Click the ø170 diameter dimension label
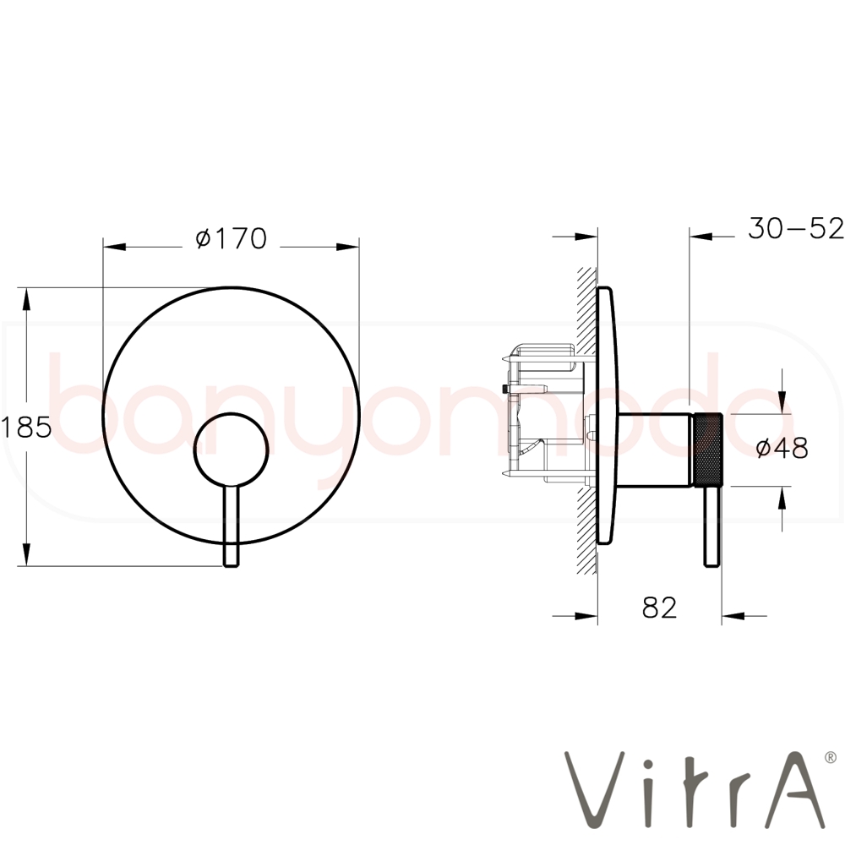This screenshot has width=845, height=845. tap(232, 239)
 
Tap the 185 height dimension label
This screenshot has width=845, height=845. tap(26, 428)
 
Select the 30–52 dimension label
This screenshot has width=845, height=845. tap(795, 228)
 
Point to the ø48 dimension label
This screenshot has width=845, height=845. tap(782, 448)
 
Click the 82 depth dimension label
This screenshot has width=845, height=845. tap(659, 608)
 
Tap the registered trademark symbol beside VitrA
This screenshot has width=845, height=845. tap(831, 757)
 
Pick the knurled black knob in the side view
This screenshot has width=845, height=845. tap(706, 450)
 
